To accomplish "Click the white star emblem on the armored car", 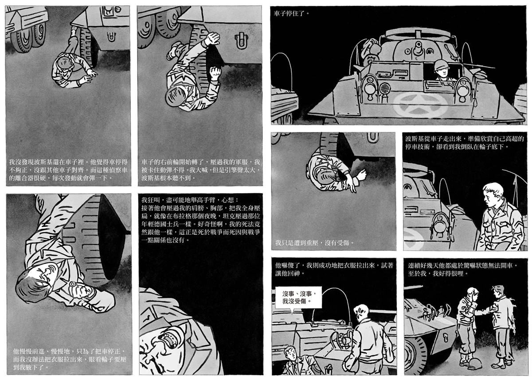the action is click(420, 105).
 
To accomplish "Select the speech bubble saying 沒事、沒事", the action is click(298, 297).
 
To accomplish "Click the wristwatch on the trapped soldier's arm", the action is click(72, 284).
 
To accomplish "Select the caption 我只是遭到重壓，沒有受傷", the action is click(314, 243).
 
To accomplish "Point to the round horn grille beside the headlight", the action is click(383, 89).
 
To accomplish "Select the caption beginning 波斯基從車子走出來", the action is click(464, 142).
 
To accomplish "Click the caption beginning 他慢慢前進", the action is click(69, 359).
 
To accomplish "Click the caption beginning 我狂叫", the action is click(201, 220).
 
